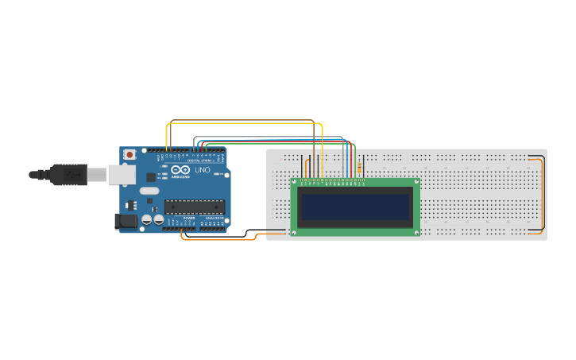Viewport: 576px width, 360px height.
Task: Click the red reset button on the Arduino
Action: point(130,154)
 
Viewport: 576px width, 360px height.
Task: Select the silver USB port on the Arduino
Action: point(122,175)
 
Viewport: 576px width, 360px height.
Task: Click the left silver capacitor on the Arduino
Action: point(147,219)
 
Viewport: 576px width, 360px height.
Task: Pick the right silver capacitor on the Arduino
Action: point(158,219)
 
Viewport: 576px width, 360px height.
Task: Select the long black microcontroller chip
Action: point(194,207)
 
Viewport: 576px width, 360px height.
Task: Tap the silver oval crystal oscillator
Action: point(149,191)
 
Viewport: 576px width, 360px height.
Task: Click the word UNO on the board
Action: point(203,169)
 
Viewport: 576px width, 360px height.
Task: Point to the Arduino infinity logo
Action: point(180,169)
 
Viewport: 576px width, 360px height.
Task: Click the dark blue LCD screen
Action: point(355,207)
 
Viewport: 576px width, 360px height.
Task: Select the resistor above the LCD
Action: point(359,168)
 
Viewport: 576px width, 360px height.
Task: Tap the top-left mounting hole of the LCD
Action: point(294,183)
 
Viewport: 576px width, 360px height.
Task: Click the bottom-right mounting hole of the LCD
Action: point(417,232)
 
